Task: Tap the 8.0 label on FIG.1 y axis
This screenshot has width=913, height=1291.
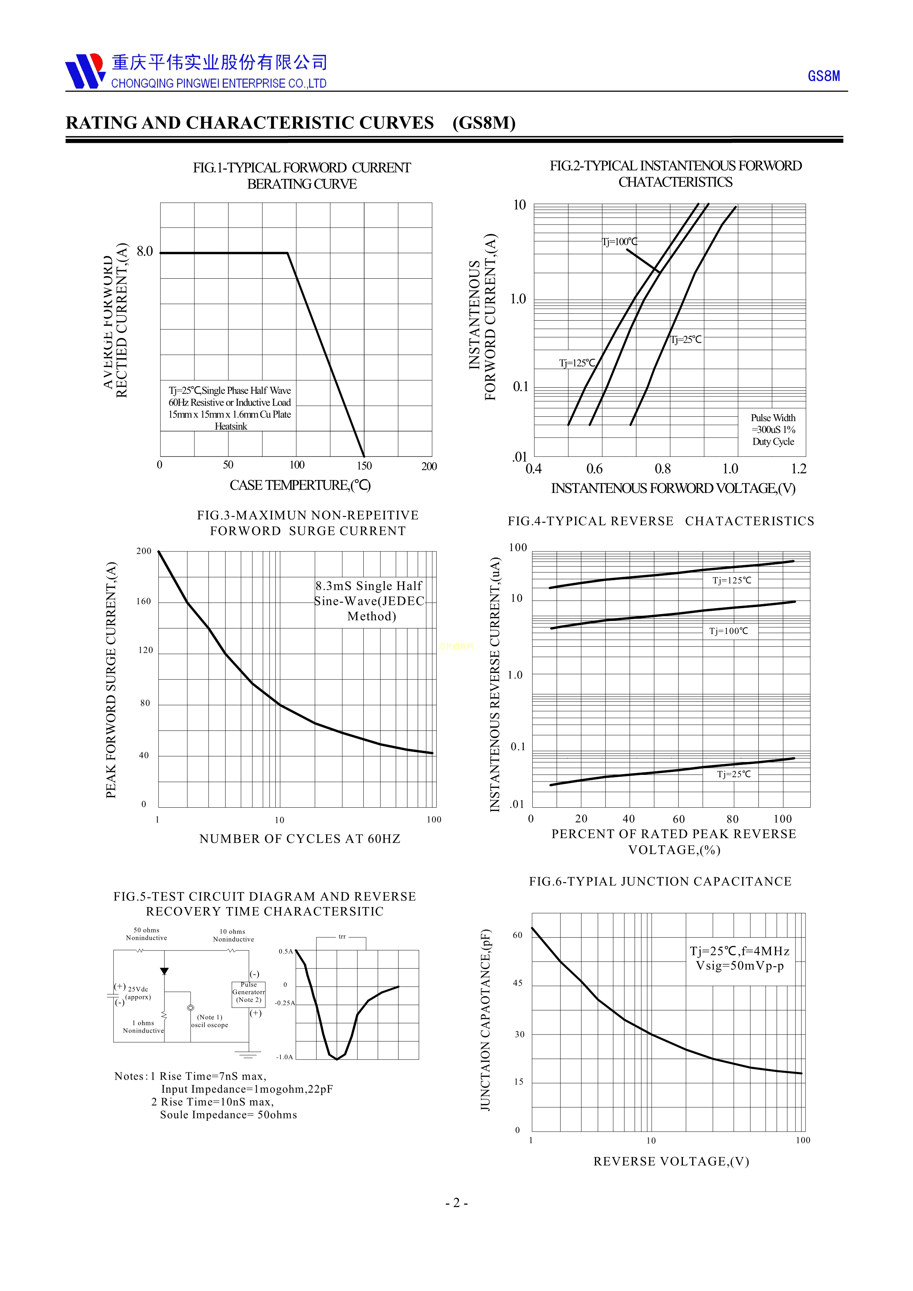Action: (x=144, y=251)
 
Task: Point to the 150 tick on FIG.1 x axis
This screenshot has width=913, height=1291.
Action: (x=364, y=466)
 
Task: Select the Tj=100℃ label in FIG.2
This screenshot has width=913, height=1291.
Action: (x=620, y=242)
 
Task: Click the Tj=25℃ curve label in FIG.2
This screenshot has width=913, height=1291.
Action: (x=686, y=340)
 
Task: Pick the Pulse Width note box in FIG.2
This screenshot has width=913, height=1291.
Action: (x=773, y=430)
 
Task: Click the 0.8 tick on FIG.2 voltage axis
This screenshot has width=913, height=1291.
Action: (x=663, y=469)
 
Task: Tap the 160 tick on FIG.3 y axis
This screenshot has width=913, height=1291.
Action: (x=144, y=602)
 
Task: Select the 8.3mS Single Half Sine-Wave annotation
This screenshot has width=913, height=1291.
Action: (x=369, y=601)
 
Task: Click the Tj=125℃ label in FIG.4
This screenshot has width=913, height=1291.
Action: (x=732, y=580)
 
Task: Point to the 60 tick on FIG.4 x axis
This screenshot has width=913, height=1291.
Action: (x=678, y=819)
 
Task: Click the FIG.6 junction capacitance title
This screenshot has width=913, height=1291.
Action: (x=660, y=881)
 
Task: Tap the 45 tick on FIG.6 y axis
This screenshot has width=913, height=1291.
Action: (x=518, y=983)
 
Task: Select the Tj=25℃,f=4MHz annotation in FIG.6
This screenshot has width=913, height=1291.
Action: (x=739, y=958)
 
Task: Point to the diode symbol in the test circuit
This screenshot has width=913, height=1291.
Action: (x=164, y=971)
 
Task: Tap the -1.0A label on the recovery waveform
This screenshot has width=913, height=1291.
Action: (x=285, y=1057)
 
